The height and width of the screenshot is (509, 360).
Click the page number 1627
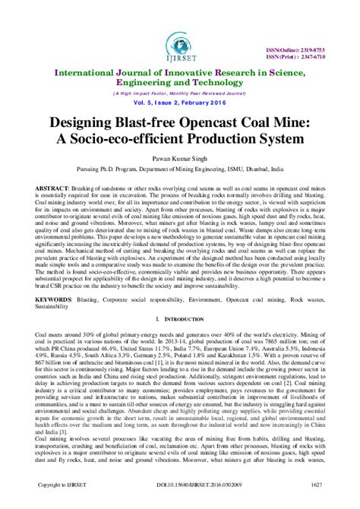click(x=326, y=503)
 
